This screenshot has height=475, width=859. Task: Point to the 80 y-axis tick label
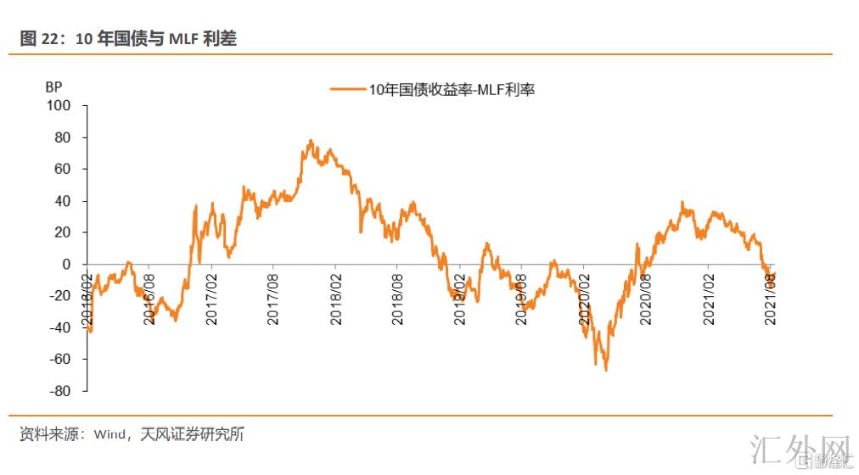click(x=67, y=137)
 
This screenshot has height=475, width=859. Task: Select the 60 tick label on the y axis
click(x=67, y=169)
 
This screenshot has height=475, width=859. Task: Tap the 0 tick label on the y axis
click(x=71, y=264)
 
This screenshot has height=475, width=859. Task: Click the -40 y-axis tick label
click(x=65, y=327)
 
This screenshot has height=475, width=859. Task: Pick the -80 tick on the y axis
click(x=65, y=391)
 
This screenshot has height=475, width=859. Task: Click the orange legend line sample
click(x=348, y=89)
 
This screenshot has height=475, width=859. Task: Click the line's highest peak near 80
click(x=311, y=141)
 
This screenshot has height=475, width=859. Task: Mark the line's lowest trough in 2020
click(x=606, y=369)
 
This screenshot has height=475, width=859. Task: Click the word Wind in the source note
click(x=109, y=434)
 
